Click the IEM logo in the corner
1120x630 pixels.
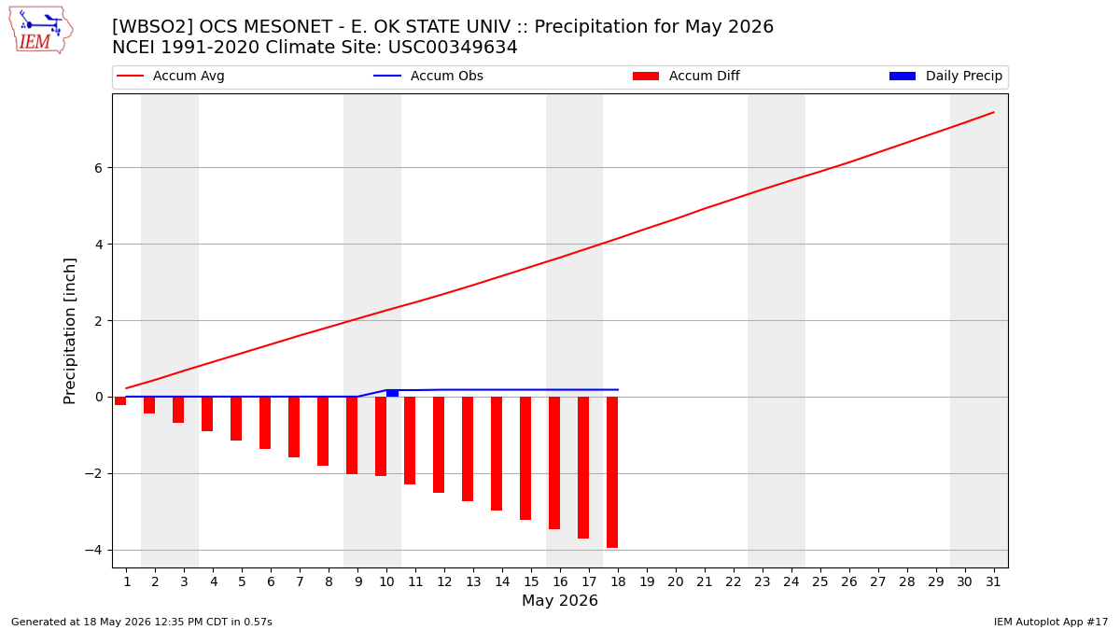(40, 31)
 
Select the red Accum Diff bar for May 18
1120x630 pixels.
(612, 472)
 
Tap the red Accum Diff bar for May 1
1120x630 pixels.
(120, 401)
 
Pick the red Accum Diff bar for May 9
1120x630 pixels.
(352, 436)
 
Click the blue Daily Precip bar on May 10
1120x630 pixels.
(393, 394)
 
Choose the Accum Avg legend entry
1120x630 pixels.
(171, 76)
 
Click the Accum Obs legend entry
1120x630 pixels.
(428, 76)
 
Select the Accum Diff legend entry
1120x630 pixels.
(686, 76)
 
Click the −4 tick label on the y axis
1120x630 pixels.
(93, 550)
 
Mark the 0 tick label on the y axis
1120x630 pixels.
(98, 397)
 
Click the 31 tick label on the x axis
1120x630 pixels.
(993, 581)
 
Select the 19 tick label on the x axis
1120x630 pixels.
(647, 581)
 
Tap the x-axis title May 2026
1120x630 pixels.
(560, 600)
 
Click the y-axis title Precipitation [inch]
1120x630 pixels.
(69, 331)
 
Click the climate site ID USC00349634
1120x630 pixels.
(453, 47)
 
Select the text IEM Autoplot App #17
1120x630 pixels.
(1051, 622)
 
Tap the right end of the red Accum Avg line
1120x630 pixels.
(994, 113)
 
